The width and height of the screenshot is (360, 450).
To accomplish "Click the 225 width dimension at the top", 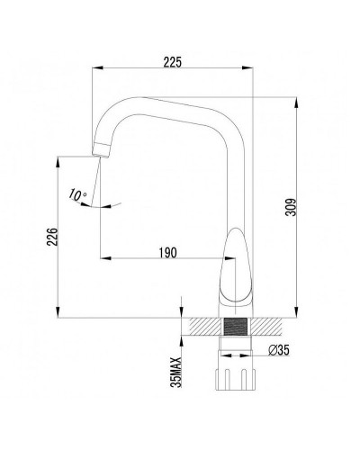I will (174, 61).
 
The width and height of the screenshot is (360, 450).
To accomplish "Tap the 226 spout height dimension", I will (52, 237).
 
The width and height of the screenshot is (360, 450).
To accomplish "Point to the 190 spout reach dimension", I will (165, 253).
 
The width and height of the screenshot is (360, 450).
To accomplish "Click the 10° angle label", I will (76, 194).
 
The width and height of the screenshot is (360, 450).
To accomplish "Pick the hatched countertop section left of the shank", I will (199, 327).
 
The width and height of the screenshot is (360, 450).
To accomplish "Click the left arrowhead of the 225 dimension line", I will (98, 71).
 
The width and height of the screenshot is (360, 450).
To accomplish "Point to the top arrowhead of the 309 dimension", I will (299, 101).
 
